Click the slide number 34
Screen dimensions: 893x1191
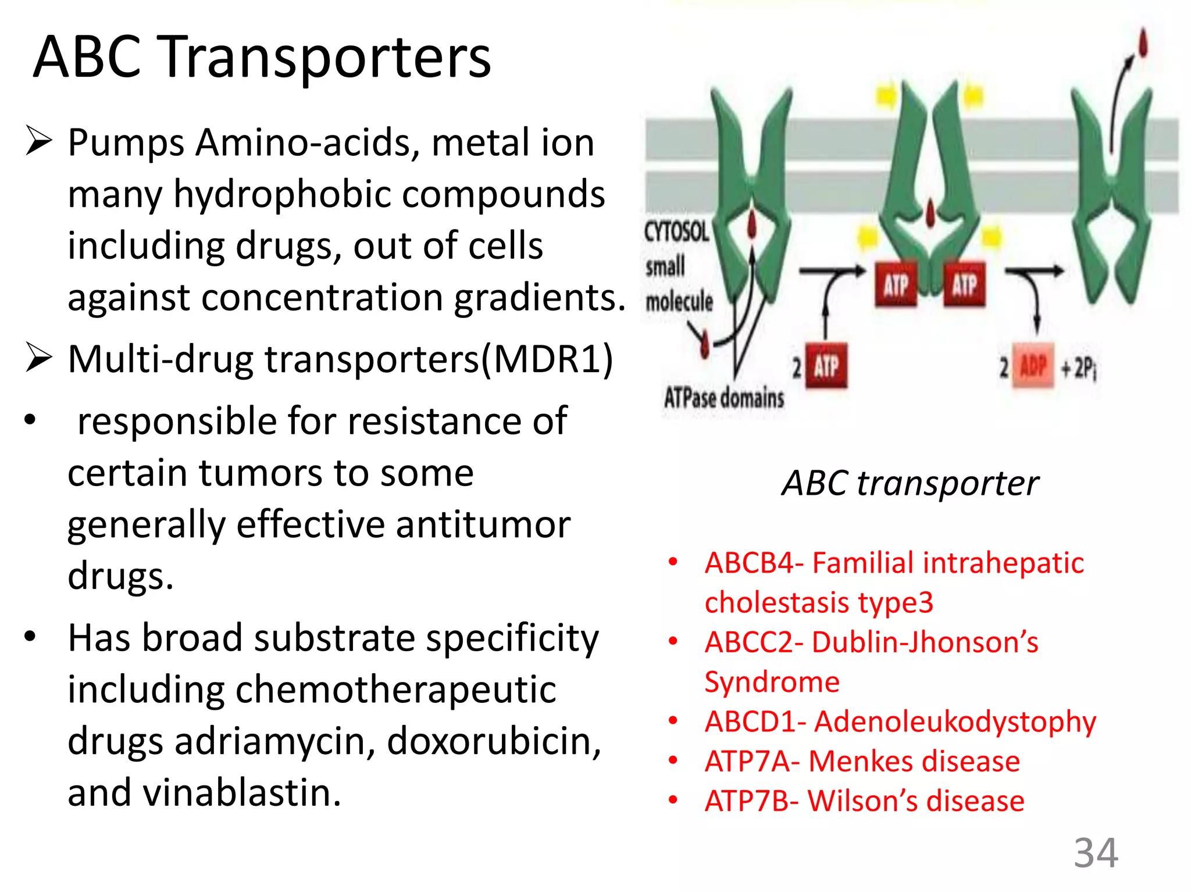coord(1096,853)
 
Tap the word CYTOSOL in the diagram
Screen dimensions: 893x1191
coord(676,232)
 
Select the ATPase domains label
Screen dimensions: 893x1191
coord(724,398)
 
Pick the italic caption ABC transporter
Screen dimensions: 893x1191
coord(910,483)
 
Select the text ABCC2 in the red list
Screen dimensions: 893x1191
coord(749,642)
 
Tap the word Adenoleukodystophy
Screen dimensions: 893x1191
coord(955,721)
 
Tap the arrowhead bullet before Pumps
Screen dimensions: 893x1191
coord(39,141)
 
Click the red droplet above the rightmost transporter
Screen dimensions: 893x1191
coord(1143,42)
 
